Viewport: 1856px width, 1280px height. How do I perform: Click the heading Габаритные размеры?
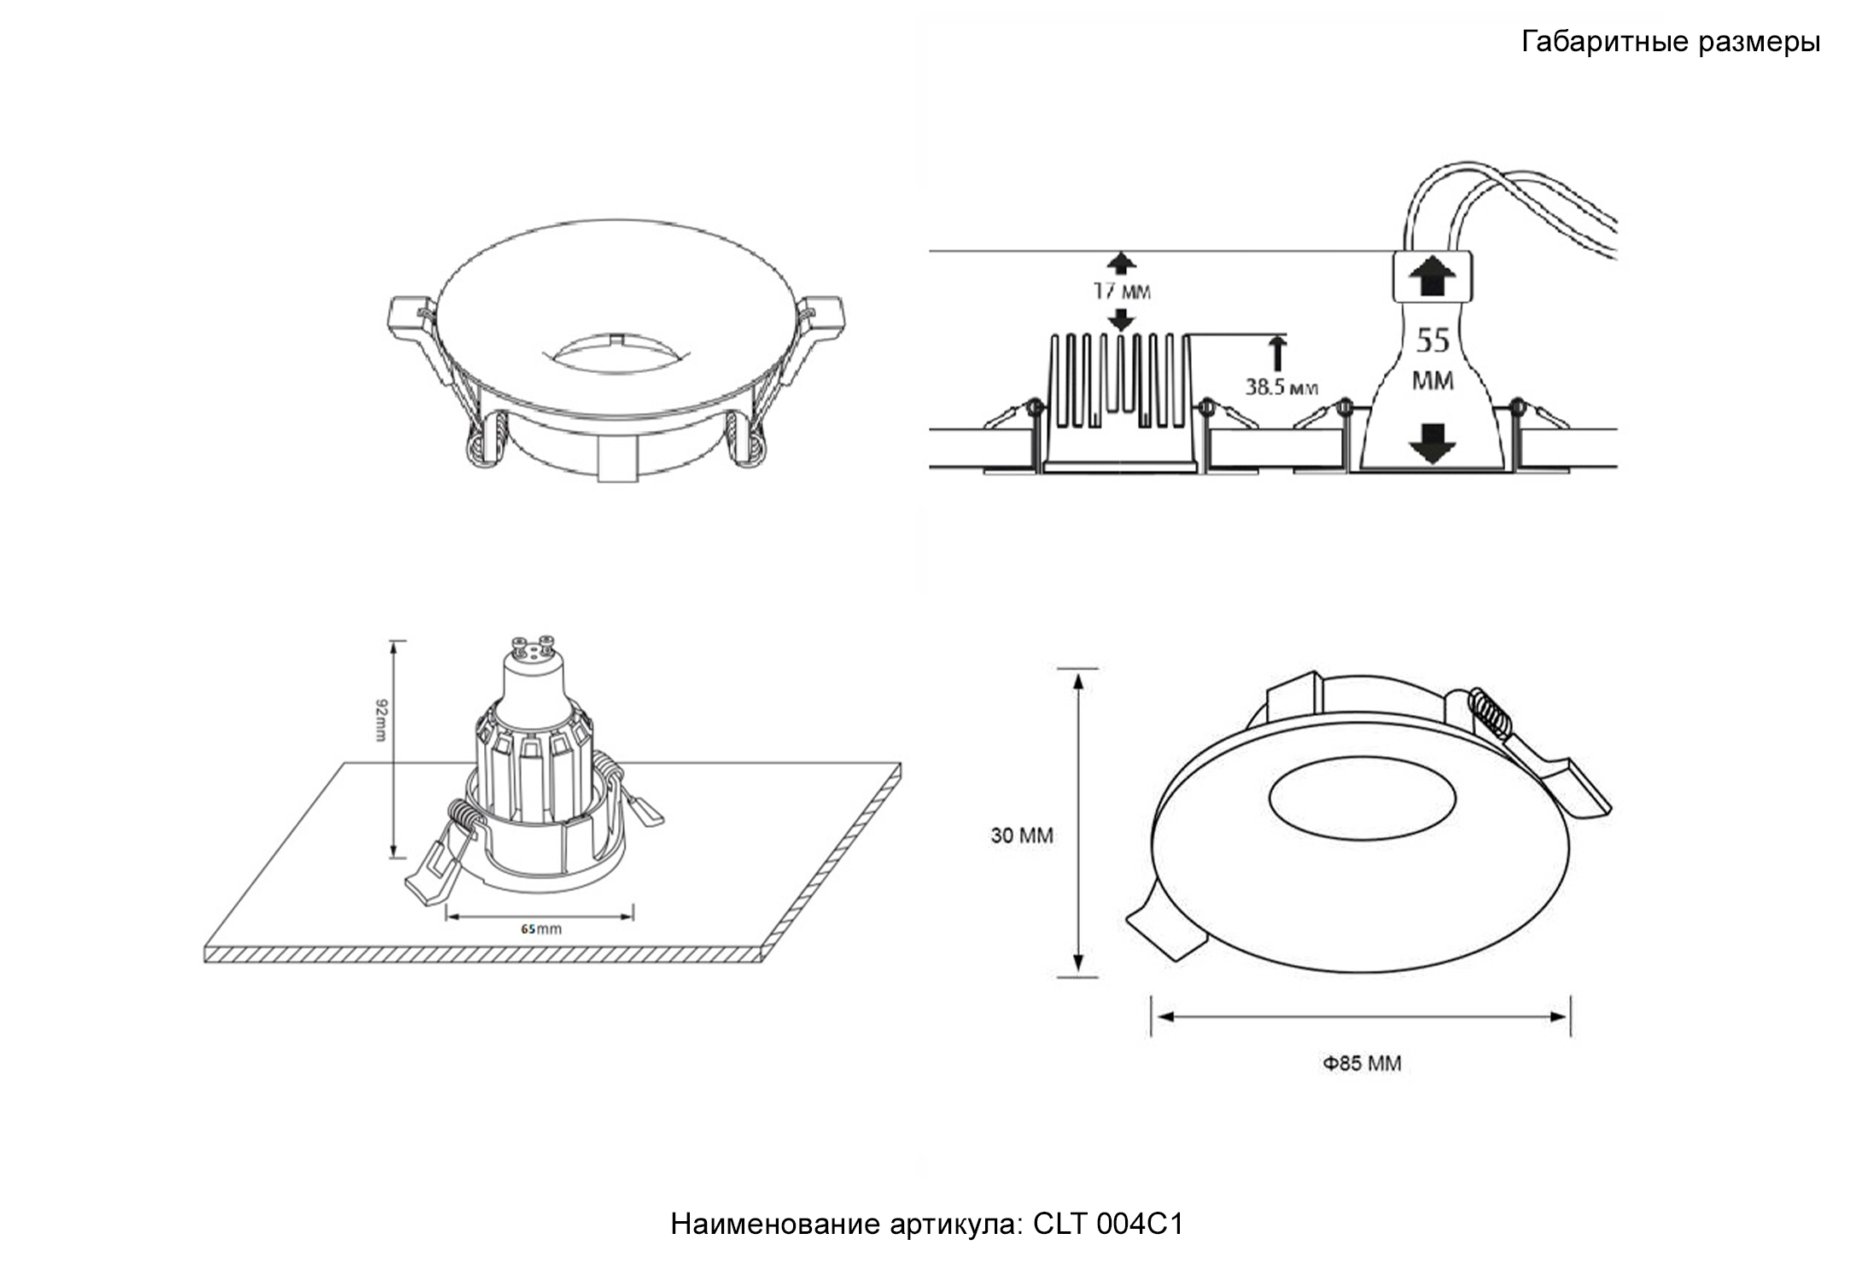tap(1670, 42)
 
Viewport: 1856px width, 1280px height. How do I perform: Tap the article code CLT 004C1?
tap(1108, 1224)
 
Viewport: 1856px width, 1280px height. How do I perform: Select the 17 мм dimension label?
tap(1122, 292)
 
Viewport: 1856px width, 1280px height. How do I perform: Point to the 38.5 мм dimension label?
tap(1281, 387)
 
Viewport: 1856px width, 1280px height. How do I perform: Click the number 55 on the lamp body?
tap(1433, 340)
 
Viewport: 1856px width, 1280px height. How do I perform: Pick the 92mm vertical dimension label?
tap(381, 719)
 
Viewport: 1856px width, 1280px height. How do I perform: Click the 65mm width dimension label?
tap(541, 928)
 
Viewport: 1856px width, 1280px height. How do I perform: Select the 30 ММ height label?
tap(1021, 835)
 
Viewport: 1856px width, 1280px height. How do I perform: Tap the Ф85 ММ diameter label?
tap(1362, 1063)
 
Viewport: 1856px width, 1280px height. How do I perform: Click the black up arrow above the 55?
tap(1432, 278)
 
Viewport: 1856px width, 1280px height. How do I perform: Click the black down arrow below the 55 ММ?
tap(1432, 443)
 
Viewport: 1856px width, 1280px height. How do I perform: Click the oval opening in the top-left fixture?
tap(614, 353)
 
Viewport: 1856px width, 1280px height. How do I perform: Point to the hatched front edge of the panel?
tap(482, 955)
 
